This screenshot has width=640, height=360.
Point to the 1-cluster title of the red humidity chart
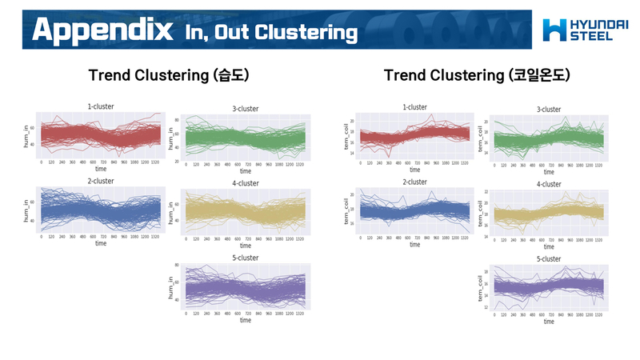pyautogui.click(x=101, y=106)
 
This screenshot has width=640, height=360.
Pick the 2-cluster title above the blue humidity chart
pyautogui.click(x=101, y=182)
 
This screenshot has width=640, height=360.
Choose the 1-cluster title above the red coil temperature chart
pyautogui.click(x=414, y=106)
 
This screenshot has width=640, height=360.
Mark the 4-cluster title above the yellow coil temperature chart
pyautogui.click(x=549, y=184)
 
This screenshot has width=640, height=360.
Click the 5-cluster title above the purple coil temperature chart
pyautogui.click(x=549, y=259)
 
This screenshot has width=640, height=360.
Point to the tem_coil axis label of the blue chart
pyautogui.click(x=346, y=211)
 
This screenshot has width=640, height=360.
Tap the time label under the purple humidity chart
pyautogui.click(x=245, y=320)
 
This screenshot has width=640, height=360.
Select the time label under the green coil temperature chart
pyautogui.click(x=549, y=170)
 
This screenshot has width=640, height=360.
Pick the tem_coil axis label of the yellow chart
pyautogui.click(x=480, y=214)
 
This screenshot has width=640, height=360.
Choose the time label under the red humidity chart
pyautogui.click(x=101, y=169)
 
